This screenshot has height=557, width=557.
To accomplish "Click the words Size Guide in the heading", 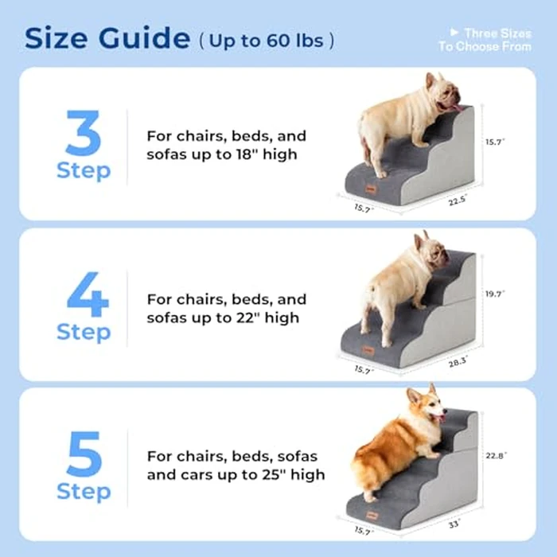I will (x=107, y=37).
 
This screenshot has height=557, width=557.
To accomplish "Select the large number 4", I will (x=84, y=294).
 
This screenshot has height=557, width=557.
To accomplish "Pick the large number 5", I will (x=84, y=454).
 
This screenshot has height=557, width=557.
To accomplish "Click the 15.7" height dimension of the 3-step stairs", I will (x=495, y=142).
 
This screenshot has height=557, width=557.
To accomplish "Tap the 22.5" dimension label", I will (x=457, y=201).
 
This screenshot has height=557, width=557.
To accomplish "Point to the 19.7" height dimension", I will (x=495, y=294).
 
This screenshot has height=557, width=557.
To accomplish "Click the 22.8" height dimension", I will (x=495, y=456).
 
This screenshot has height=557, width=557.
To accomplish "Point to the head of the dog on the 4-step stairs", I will (x=430, y=251).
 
